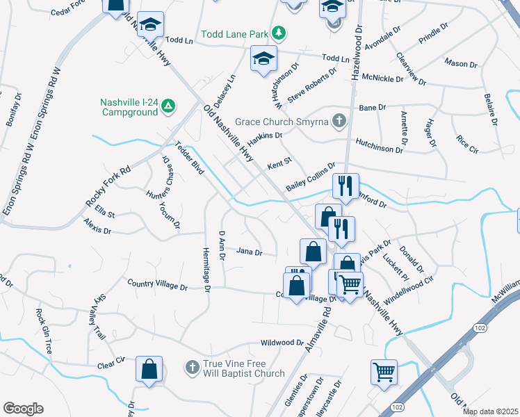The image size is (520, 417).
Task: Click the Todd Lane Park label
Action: (x=235, y=33)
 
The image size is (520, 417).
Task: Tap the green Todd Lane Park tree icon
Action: (x=278, y=33)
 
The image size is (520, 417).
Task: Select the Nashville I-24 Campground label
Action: (x=130, y=106)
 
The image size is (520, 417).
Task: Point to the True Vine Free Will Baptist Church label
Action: (x=243, y=368)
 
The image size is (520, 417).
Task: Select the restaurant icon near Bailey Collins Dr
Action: (x=346, y=186)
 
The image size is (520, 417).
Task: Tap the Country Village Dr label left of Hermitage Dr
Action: (x=157, y=285)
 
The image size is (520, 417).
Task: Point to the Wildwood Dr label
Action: (x=282, y=343)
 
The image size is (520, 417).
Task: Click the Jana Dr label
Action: (x=249, y=252)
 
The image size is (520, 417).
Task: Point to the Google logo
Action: (x=24, y=409)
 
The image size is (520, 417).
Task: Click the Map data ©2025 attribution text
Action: (x=489, y=411)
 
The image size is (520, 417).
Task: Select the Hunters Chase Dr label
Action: (x=166, y=179)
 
